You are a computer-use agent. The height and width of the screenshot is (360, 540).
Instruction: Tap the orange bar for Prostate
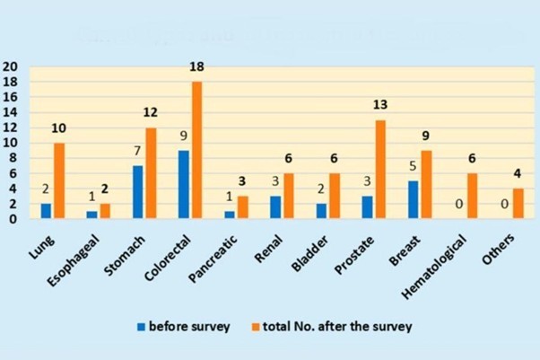click(380, 169)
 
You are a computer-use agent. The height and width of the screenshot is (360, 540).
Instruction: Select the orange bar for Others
click(518, 203)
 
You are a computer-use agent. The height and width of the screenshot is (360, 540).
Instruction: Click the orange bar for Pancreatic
click(243, 206)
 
